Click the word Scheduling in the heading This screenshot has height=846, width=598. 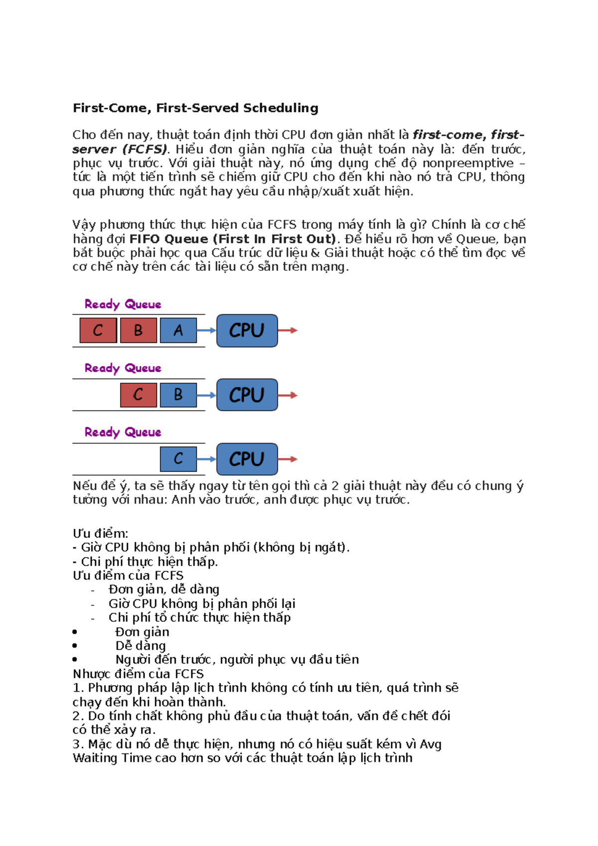(x=280, y=109)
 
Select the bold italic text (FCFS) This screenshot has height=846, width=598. (x=145, y=149)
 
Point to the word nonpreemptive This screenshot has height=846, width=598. (x=468, y=163)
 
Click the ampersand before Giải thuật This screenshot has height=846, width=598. (x=315, y=253)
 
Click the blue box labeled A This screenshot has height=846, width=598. (x=178, y=330)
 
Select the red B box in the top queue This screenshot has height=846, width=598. (x=138, y=330)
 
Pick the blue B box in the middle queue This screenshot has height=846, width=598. (x=178, y=395)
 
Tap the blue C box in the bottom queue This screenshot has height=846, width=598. (x=178, y=459)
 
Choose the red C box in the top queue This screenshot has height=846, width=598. (x=98, y=330)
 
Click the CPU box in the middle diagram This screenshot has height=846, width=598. (x=247, y=395)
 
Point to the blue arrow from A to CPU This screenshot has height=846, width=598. (x=206, y=330)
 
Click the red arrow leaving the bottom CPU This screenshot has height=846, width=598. (x=288, y=459)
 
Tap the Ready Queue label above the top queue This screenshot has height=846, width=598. (x=123, y=304)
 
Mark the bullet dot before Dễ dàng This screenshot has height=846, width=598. (x=75, y=646)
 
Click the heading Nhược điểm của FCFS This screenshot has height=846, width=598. (x=138, y=674)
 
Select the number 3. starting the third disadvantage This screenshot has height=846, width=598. (x=78, y=744)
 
